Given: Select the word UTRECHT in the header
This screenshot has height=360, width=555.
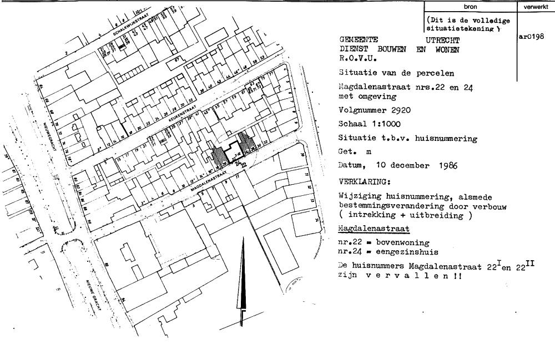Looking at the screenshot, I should coord(442,40).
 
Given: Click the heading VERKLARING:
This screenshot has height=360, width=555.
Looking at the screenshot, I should coord(364,181).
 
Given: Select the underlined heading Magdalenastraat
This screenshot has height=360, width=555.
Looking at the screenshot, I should coord(374,229).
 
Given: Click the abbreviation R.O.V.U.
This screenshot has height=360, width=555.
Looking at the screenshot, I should coord(357,58).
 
